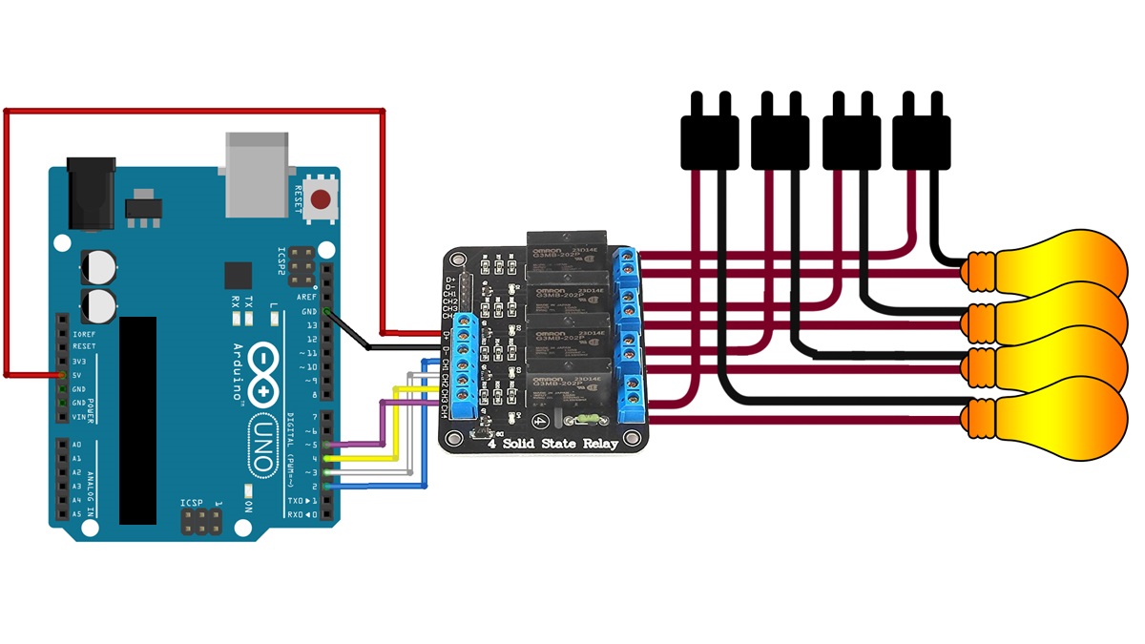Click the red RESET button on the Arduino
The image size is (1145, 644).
323,200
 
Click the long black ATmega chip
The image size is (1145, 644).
137,420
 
